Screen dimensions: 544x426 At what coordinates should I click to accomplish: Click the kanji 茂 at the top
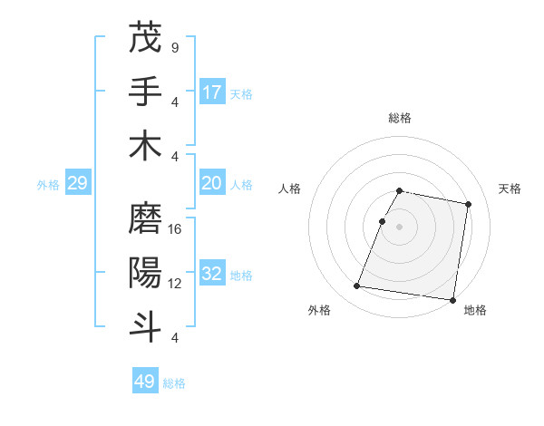pyautogui.click(x=145, y=38)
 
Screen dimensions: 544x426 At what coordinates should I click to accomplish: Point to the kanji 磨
pyautogui.click(x=145, y=218)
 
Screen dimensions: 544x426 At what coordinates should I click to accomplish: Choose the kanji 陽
pyautogui.click(x=145, y=272)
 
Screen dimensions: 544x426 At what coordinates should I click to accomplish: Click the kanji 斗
pyautogui.click(x=145, y=325)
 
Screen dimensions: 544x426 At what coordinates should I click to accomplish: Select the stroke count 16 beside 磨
pyautogui.click(x=175, y=228)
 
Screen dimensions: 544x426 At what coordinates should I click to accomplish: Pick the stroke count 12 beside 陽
pyautogui.click(x=175, y=283)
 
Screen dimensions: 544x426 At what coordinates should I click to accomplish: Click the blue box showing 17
pyautogui.click(x=212, y=92)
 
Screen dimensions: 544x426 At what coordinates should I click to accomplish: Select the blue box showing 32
pyautogui.click(x=212, y=275)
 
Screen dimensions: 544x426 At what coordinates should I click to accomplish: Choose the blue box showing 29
pyautogui.click(x=77, y=184)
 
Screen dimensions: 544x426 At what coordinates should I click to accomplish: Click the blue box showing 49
pyautogui.click(x=145, y=382)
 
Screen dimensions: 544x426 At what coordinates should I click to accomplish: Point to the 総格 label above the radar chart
pyautogui.click(x=400, y=118)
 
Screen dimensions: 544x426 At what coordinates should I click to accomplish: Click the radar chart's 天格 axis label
pyautogui.click(x=510, y=189)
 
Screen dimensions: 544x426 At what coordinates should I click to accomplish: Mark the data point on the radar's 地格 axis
pyautogui.click(x=452, y=300)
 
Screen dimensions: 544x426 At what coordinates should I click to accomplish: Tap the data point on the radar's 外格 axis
pyautogui.click(x=357, y=286)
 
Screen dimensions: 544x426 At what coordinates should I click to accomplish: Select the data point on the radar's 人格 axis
pyautogui.click(x=383, y=221)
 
